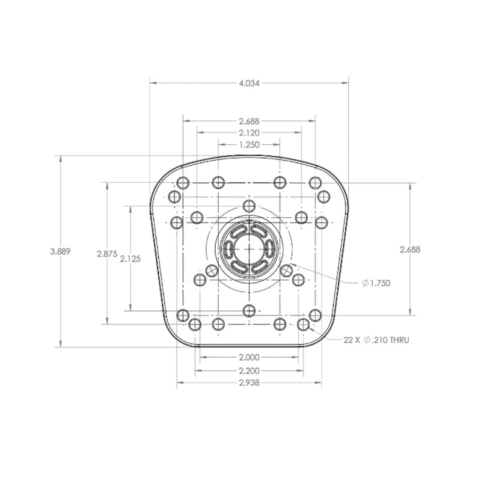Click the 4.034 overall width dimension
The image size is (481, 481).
(x=249, y=83)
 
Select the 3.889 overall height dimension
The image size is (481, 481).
(x=61, y=251)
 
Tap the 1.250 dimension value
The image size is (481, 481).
(x=249, y=144)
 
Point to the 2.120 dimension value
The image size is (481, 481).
(x=249, y=133)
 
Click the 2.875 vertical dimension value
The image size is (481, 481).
(x=107, y=254)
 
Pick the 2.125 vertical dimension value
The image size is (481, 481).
(x=130, y=259)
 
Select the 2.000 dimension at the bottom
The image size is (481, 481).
(x=249, y=357)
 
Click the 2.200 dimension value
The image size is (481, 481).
(x=249, y=371)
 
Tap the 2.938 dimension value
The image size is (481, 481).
(x=249, y=383)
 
